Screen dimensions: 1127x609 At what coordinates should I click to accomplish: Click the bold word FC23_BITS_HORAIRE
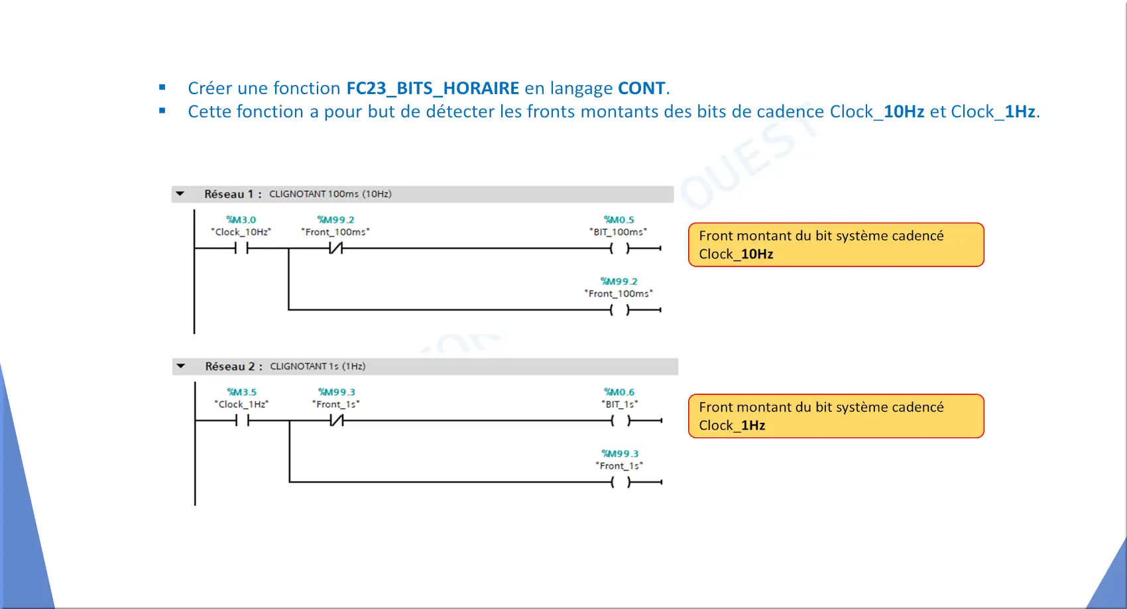(x=433, y=89)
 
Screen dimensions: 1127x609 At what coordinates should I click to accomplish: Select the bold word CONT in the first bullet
(x=641, y=88)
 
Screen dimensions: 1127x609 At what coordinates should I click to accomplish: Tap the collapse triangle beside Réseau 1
(x=180, y=194)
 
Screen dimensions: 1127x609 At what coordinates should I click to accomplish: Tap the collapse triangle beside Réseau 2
(x=180, y=366)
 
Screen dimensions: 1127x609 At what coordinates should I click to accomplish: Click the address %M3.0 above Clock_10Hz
(x=241, y=220)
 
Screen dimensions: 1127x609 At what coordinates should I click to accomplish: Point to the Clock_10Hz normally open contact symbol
(x=241, y=248)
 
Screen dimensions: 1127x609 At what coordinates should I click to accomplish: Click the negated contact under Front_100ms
(x=335, y=248)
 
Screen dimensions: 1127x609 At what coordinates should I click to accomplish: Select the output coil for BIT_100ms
(x=619, y=248)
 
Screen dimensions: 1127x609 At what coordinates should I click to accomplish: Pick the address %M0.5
(x=619, y=220)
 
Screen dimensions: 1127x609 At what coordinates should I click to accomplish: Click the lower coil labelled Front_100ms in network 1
(x=619, y=309)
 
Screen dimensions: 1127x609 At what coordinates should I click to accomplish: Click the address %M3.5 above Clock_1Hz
(x=241, y=392)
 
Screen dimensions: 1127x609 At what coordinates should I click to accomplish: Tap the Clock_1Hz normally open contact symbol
(x=243, y=420)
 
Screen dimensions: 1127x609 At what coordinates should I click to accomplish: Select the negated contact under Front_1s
(x=337, y=420)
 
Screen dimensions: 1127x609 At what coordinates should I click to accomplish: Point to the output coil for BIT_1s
(x=621, y=420)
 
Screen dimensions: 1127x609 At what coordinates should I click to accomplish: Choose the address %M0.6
(x=619, y=392)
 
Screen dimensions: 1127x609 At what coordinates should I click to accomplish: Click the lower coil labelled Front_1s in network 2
(x=621, y=482)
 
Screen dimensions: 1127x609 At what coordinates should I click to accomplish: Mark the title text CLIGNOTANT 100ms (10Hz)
(x=331, y=194)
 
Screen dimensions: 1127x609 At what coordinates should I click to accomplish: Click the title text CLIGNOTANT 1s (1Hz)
(x=318, y=366)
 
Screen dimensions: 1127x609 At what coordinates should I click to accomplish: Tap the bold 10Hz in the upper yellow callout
(x=757, y=254)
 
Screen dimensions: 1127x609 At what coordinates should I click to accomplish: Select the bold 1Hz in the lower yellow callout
(x=753, y=426)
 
